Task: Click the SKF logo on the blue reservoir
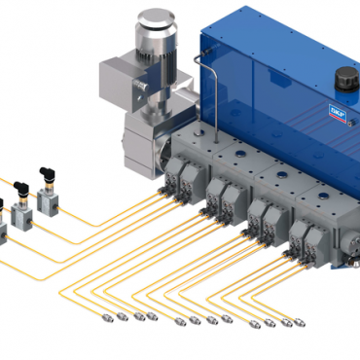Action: [338, 114]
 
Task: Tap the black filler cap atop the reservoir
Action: [346, 80]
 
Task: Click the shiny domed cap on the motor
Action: [157, 20]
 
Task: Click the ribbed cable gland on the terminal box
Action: [140, 85]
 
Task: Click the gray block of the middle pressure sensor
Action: [21, 215]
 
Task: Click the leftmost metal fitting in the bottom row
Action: [108, 318]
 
